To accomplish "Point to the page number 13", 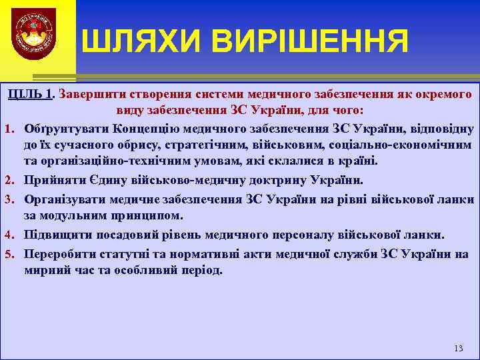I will point(457,349).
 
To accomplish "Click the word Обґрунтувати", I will point(66,127).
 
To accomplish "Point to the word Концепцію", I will point(144,127).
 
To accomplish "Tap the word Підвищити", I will point(56,235).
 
